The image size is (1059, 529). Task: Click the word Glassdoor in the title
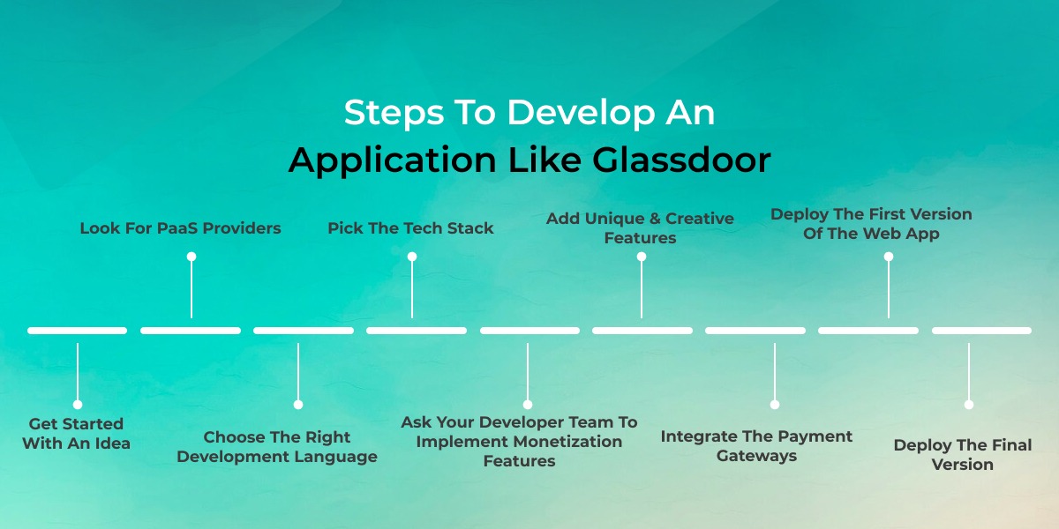681,160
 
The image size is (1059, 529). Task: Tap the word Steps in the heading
394,114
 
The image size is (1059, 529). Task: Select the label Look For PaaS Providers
180,228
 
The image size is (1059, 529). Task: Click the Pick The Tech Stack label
410,228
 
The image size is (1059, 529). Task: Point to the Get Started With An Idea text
76,434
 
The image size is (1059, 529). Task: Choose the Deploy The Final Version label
963,454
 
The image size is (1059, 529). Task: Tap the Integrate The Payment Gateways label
756,446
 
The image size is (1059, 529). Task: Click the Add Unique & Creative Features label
640,227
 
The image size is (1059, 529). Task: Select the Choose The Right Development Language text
277,447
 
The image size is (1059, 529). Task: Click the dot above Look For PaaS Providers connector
192,257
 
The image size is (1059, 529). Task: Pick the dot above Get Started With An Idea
78,405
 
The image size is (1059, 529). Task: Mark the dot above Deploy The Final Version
969,405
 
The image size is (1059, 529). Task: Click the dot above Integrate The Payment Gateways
775,405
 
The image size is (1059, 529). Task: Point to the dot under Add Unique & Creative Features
642,257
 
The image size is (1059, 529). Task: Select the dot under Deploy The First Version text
889,257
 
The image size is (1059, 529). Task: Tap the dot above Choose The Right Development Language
298,405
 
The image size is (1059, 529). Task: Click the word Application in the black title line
393,160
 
